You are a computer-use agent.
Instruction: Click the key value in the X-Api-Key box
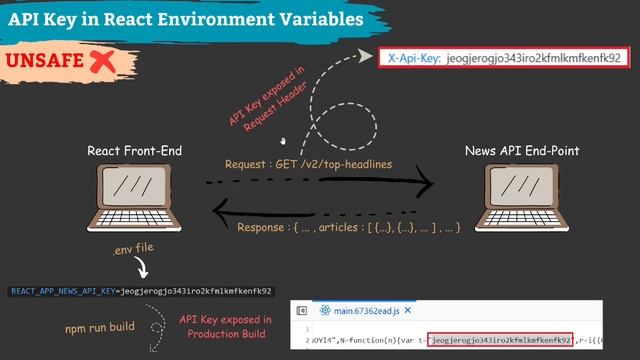point(534,58)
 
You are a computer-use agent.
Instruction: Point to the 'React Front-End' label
point(135,151)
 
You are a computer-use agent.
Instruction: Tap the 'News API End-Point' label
point(522,151)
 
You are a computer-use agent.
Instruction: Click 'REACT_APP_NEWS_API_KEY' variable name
point(63,292)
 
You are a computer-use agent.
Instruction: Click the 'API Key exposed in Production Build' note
point(222,326)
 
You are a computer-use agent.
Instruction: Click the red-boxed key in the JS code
point(500,341)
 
